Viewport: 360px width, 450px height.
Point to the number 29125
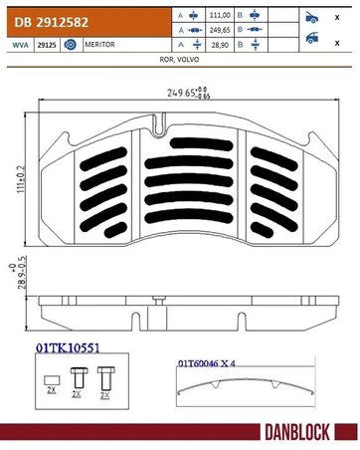[46, 46]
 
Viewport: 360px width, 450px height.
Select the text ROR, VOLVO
[180, 61]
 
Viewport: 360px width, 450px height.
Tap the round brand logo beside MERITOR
[70, 46]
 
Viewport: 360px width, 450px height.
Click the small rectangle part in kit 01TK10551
[50, 379]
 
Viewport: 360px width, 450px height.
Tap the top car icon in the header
[312, 18]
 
